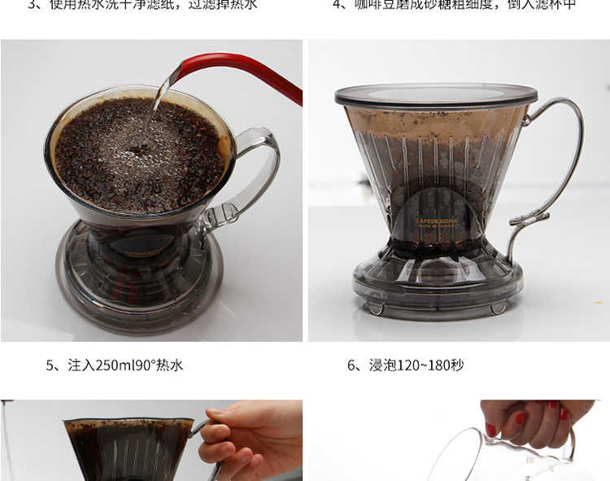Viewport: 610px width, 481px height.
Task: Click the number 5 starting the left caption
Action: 50,365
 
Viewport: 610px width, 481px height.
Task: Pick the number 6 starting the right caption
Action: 352,365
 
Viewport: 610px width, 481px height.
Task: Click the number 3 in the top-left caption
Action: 33,4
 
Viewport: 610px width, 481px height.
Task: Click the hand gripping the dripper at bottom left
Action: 244,439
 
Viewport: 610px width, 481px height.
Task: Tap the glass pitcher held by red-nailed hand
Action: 488,460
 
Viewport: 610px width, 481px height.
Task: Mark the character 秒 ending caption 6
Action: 457,365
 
